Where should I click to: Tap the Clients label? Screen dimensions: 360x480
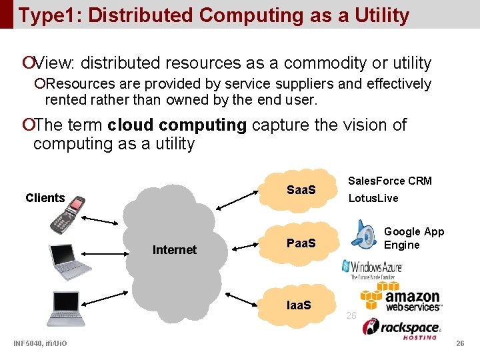(45, 197)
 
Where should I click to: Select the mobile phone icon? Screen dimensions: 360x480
(69, 213)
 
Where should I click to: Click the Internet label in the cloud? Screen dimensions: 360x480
(175, 250)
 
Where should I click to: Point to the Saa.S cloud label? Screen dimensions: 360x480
(301, 190)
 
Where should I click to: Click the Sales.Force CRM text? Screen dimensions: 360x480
(390, 181)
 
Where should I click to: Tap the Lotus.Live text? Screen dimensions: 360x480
(373, 198)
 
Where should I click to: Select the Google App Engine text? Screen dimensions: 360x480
(413, 238)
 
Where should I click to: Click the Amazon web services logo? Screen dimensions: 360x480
(400, 296)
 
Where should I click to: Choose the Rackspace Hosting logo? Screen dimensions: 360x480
(401, 328)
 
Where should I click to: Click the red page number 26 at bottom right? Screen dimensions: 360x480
(459, 343)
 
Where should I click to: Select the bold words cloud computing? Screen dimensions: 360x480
(177, 125)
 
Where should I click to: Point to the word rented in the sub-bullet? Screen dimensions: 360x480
(67, 100)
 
